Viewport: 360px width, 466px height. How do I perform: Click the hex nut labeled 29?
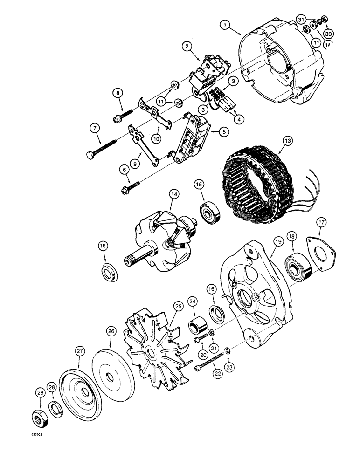point(39,412)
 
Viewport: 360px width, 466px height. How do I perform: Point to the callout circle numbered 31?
point(301,20)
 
